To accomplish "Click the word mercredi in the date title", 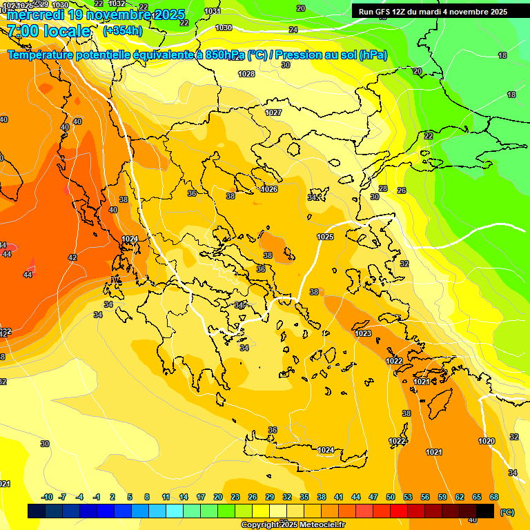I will click(36, 15).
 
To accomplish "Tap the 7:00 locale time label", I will click(48, 31).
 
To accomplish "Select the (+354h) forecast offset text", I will click(123, 31).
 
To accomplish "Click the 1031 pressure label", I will click(213, 12).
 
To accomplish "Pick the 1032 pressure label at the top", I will click(117, 3).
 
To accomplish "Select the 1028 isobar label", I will click(246, 74).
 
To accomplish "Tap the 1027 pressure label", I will click(273, 112).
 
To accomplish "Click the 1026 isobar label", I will click(269, 189).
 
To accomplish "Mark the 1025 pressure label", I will click(325, 237).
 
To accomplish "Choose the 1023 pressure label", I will click(363, 333).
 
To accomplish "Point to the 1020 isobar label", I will click(487, 441).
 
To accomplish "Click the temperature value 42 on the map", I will click(72, 257).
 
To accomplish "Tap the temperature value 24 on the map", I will click(293, 30).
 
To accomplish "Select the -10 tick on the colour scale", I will click(47, 497).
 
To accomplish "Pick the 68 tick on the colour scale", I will click(494, 497).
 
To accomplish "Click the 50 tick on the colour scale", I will click(391, 497).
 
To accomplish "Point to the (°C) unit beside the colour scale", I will click(507, 511).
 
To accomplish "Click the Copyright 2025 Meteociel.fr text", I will click(293, 524).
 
